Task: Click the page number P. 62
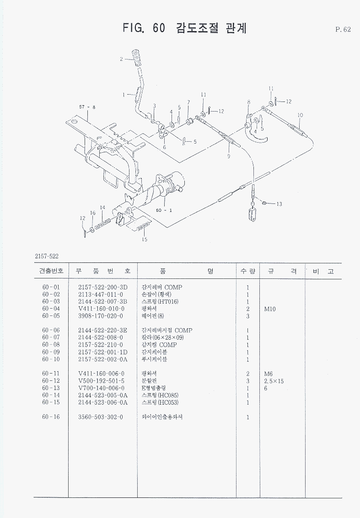click(x=343, y=30)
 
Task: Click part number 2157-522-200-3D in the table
click(x=102, y=287)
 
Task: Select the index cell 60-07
click(x=51, y=337)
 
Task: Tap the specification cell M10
click(x=270, y=309)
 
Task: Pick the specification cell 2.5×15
click(x=274, y=381)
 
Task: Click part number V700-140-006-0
click(x=101, y=388)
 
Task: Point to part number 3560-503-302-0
click(x=101, y=417)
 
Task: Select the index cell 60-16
click(x=51, y=417)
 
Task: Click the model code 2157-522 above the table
click(x=47, y=256)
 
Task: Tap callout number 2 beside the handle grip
click(x=121, y=59)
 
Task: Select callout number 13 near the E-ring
click(x=279, y=204)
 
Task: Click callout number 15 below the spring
click(x=145, y=239)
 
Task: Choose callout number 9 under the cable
click(x=229, y=156)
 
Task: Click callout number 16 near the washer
click(x=92, y=213)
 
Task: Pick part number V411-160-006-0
click(x=101, y=374)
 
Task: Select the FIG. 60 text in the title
click(x=144, y=28)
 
